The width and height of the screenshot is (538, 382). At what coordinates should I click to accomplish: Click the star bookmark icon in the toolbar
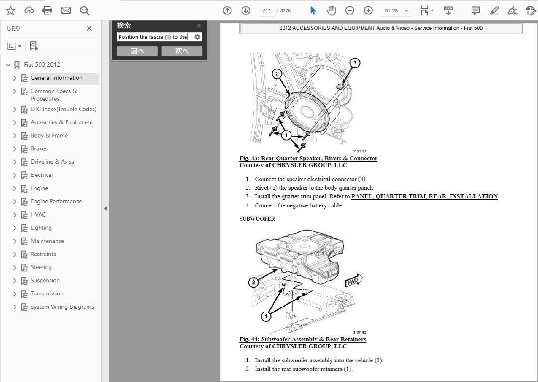click(x=10, y=10)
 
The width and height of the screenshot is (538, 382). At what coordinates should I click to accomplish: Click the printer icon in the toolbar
click(x=47, y=10)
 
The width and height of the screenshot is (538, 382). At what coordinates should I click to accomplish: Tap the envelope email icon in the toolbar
click(x=66, y=10)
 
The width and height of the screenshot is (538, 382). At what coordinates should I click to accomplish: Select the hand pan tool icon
click(x=331, y=10)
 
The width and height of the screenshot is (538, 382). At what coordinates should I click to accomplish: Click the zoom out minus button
click(x=350, y=10)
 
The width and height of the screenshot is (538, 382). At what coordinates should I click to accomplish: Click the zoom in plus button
click(x=368, y=10)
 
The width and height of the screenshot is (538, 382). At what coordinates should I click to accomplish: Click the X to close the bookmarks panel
click(x=89, y=29)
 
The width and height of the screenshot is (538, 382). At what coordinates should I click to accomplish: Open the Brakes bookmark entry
click(x=39, y=149)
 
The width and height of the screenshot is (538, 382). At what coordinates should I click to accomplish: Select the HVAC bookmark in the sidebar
click(x=38, y=215)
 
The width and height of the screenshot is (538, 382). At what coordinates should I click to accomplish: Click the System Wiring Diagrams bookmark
click(x=62, y=307)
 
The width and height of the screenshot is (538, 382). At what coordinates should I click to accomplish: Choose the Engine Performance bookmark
click(x=56, y=201)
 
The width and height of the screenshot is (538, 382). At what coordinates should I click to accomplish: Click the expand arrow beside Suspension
click(x=14, y=280)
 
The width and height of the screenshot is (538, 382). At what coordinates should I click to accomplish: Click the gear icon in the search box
click(x=197, y=37)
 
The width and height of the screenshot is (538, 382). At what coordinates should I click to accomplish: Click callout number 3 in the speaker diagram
click(x=355, y=63)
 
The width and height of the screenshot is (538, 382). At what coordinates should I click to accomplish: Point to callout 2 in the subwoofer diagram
click(x=254, y=282)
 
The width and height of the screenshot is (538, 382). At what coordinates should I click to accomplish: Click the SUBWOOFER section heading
click(x=257, y=219)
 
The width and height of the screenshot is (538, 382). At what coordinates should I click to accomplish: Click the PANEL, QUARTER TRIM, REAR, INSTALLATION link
click(x=424, y=196)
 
